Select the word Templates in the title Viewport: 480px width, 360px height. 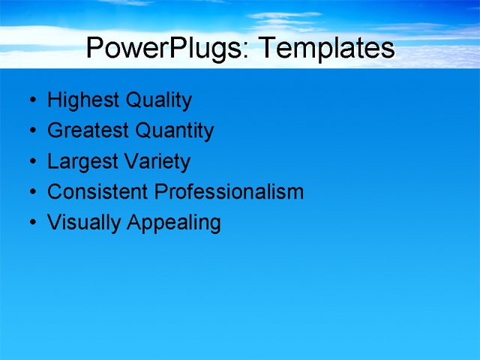(325, 48)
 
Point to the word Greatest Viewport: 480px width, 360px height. (87, 131)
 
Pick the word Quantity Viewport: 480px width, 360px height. (173, 131)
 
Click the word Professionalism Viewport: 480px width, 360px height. (229, 192)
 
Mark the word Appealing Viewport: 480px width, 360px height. (174, 223)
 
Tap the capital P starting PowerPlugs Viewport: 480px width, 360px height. (96, 47)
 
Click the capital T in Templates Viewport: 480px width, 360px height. (267, 47)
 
